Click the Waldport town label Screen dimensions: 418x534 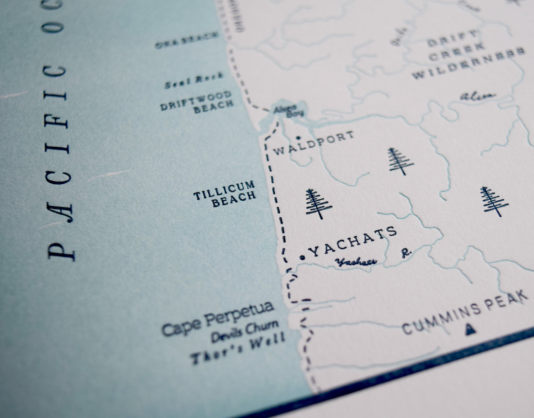tap(313, 144)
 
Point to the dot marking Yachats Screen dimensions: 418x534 tap(302, 258)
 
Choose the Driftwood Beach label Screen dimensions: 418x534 tap(198, 102)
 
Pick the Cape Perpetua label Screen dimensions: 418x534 tap(218, 319)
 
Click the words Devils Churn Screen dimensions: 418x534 tap(245, 331)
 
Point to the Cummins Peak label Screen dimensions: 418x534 tap(465, 313)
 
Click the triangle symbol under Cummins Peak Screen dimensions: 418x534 tap(470, 330)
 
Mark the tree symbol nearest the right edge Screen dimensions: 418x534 tap(493, 201)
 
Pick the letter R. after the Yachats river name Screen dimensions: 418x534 tap(405, 253)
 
